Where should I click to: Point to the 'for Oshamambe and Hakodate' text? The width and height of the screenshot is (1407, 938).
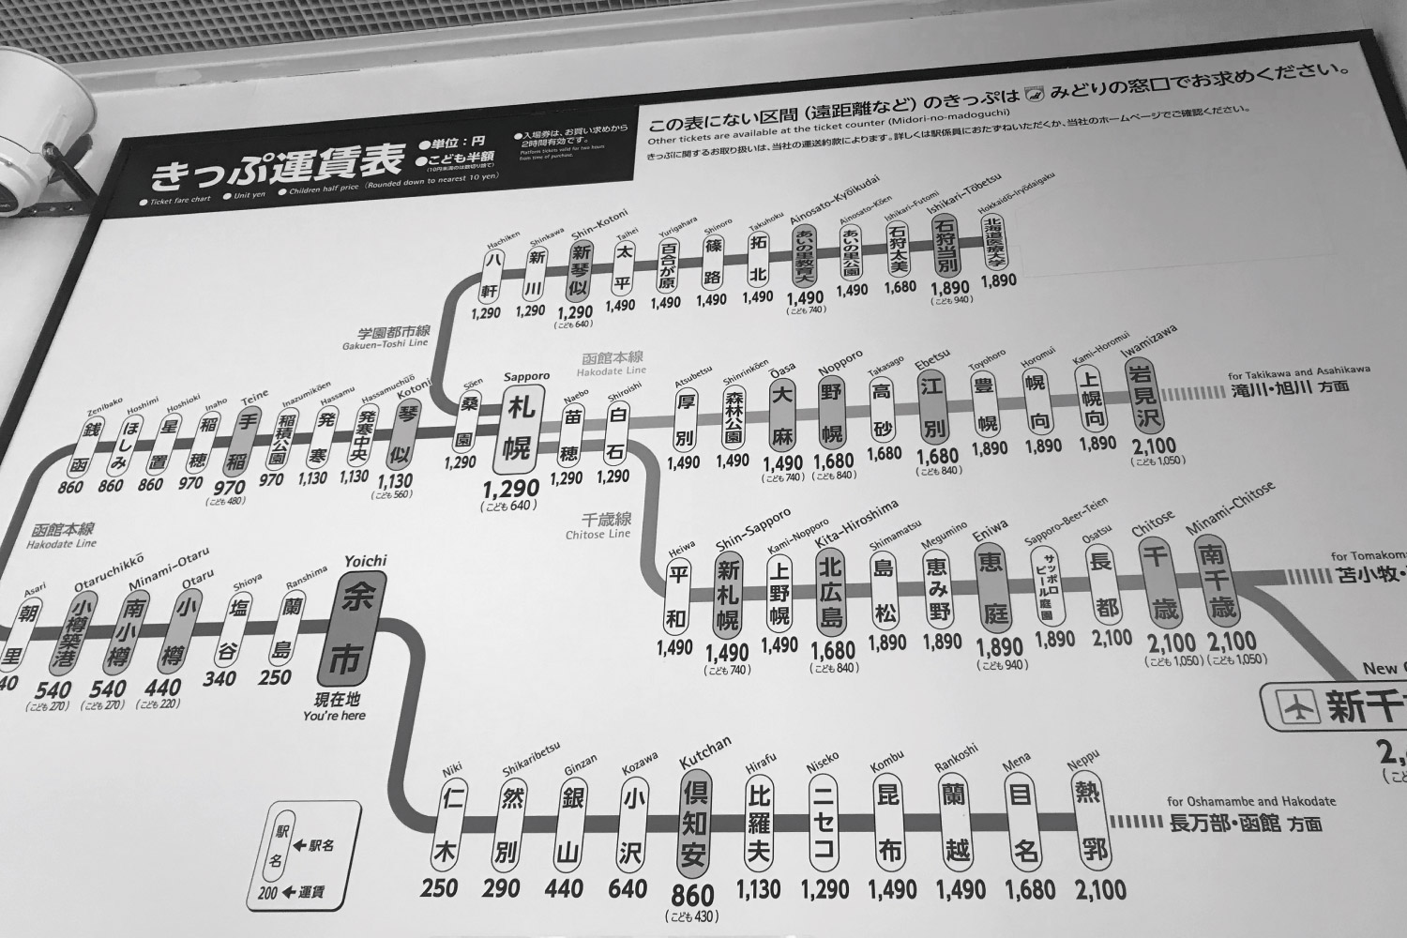tap(1251, 803)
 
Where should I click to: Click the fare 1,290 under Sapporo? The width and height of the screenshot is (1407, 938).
tap(511, 489)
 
